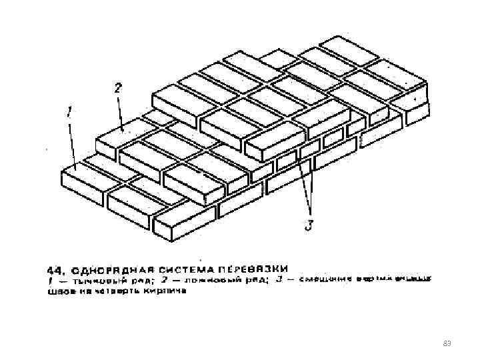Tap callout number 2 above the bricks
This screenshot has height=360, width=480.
[x=117, y=87]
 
